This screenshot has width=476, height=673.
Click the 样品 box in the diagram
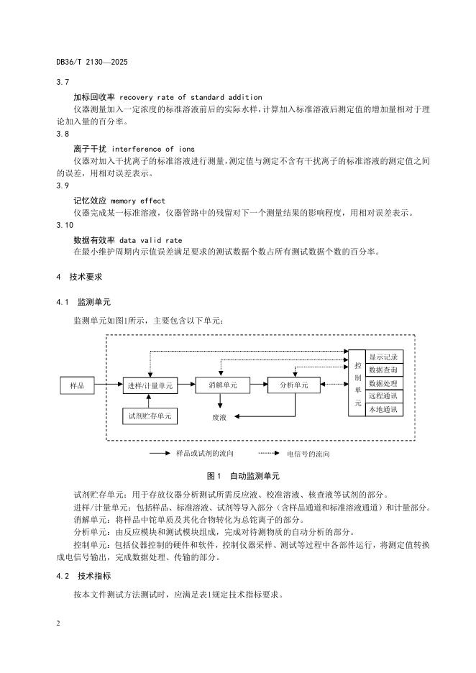click(x=77, y=385)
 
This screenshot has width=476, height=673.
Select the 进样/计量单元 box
click(x=150, y=385)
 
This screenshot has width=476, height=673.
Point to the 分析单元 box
click(x=294, y=385)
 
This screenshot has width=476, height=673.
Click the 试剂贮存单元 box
click(x=152, y=416)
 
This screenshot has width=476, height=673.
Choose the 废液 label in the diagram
click(x=219, y=416)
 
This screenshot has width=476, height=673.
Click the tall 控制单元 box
click(x=357, y=383)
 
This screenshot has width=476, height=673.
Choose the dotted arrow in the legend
click(x=267, y=454)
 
